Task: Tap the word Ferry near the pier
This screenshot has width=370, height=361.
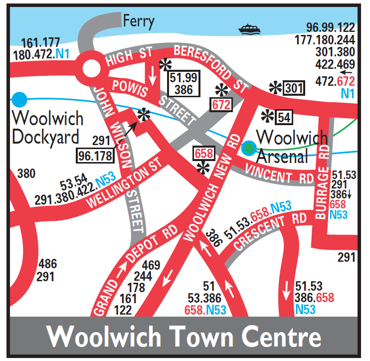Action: click(x=139, y=21)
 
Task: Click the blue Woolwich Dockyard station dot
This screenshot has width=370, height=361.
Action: click(x=19, y=99)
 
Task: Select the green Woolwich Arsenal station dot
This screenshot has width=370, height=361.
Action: click(x=248, y=148)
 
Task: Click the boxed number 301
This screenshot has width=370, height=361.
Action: click(x=293, y=88)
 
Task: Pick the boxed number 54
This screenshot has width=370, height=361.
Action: click(x=284, y=117)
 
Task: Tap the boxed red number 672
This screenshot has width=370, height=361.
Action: click(x=221, y=104)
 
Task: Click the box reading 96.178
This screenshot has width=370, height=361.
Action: click(x=95, y=156)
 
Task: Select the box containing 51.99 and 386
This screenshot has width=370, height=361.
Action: click(x=184, y=83)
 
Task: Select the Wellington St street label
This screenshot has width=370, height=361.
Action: click(x=125, y=183)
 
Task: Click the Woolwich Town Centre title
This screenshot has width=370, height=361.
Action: click(x=185, y=337)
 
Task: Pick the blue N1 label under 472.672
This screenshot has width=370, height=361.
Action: click(x=348, y=93)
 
